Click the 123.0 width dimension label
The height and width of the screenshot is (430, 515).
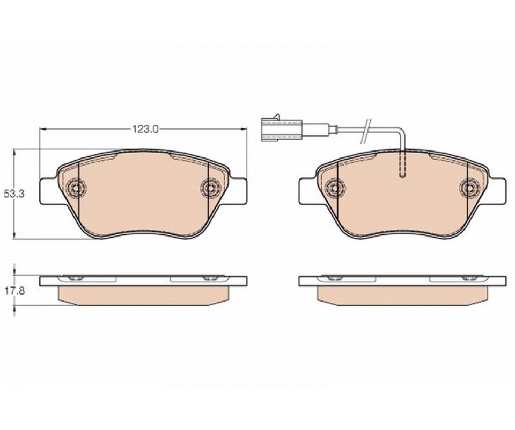click(x=145, y=130)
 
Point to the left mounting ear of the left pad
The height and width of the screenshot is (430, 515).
click(x=48, y=190)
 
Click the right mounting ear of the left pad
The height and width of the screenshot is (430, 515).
click(x=238, y=190)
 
